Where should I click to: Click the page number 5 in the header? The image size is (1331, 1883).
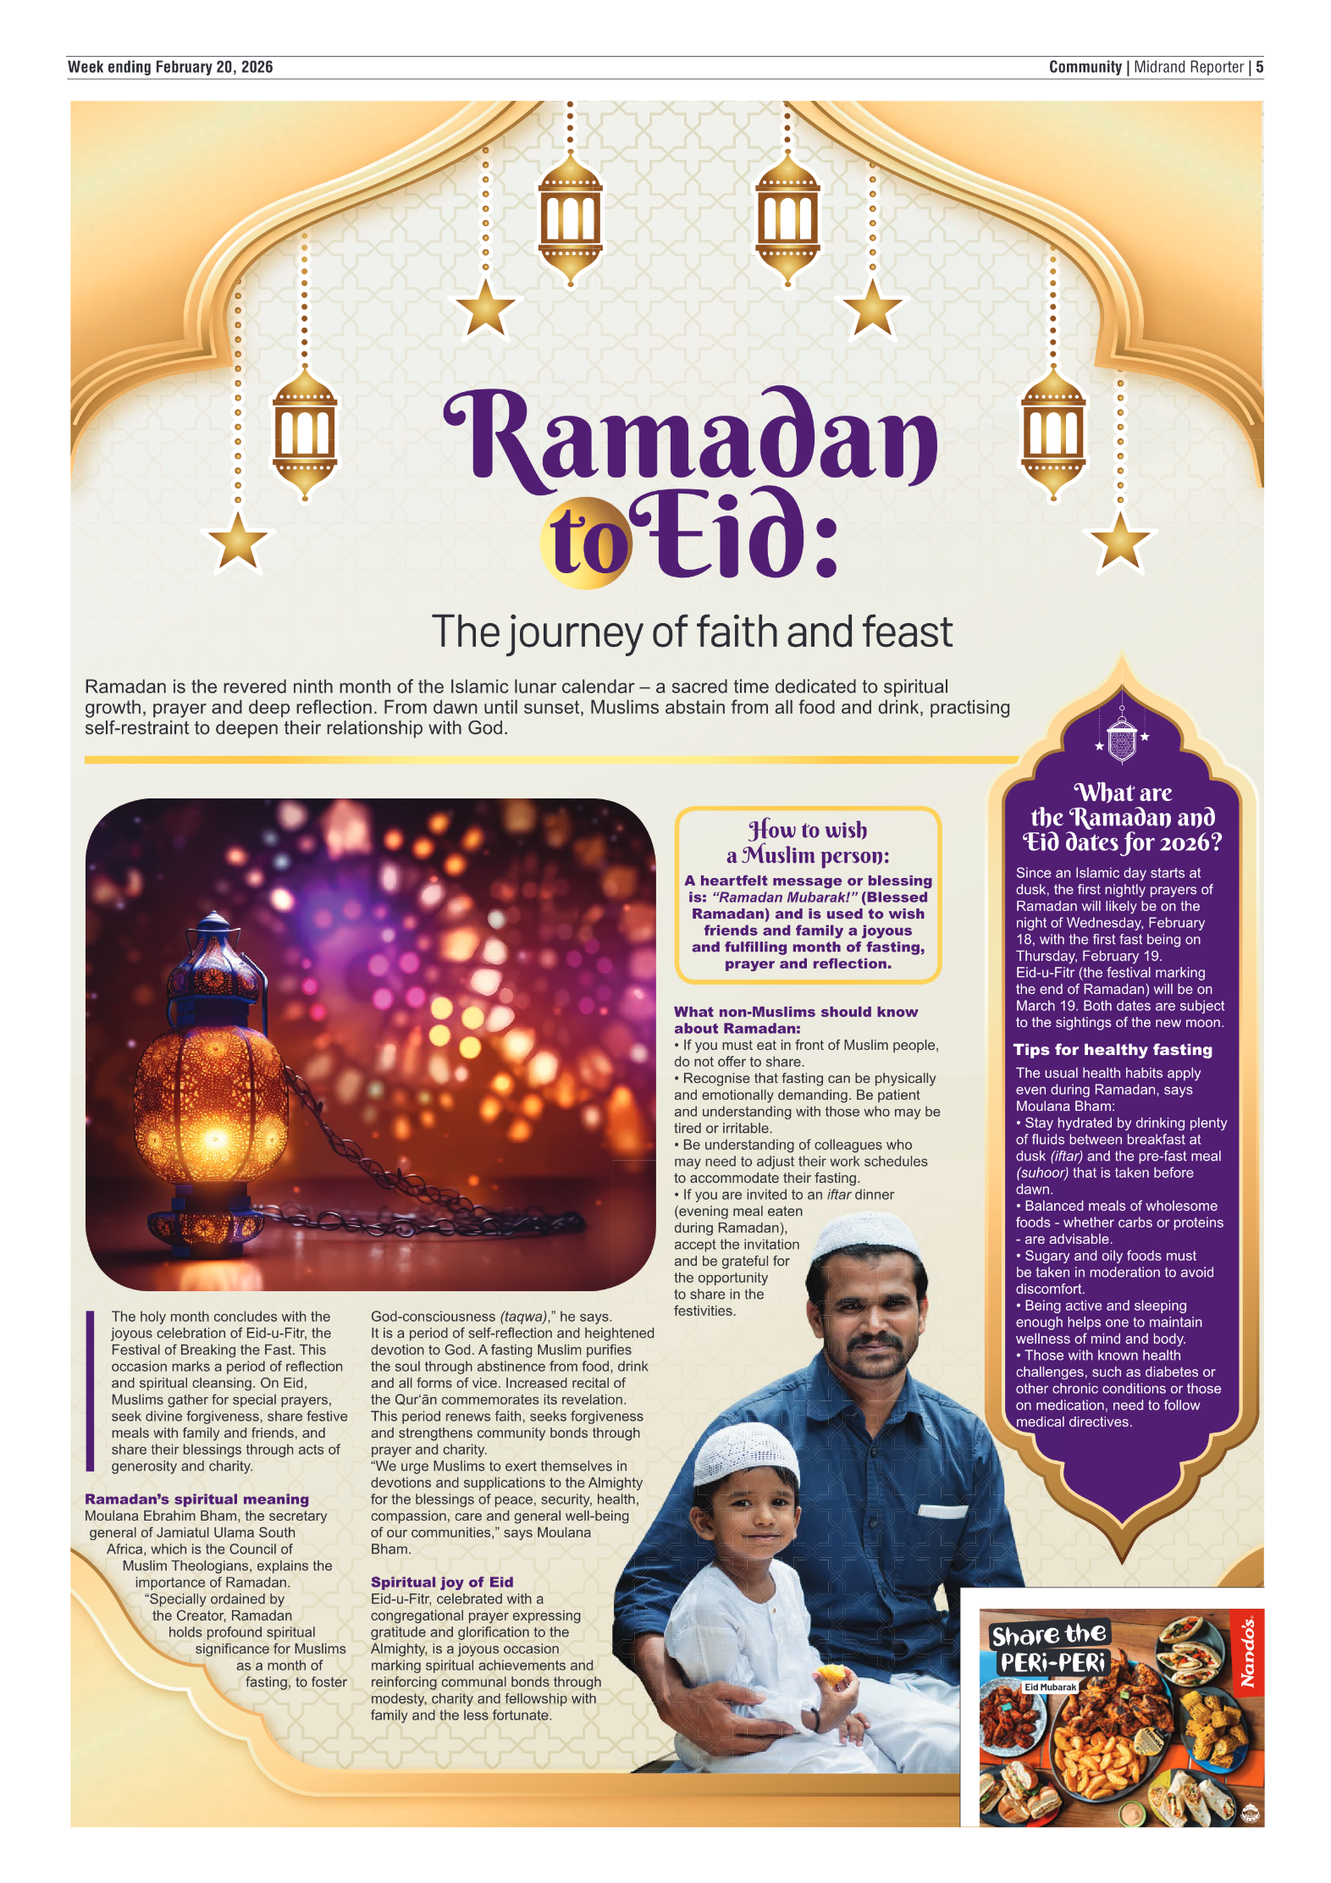coord(1259,67)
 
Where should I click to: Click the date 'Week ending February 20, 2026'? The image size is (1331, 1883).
coord(170,67)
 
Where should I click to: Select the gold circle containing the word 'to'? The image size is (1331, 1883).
coord(585,544)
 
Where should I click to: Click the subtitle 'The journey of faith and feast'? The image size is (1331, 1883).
coord(691,632)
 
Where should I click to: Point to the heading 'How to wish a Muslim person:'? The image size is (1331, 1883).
coord(808,842)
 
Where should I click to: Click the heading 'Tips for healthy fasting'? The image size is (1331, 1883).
coord(1113,1050)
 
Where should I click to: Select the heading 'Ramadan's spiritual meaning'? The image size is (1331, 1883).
coord(196,1499)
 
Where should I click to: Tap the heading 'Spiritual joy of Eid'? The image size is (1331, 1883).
coord(441,1582)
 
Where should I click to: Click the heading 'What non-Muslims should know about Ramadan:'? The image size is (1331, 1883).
coord(795,1019)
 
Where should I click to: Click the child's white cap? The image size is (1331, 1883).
coord(745,1452)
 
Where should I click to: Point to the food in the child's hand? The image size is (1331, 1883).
coord(832,1674)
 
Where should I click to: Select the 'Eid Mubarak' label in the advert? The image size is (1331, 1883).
coord(1050,1687)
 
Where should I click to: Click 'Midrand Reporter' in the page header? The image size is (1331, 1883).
coord(1189,67)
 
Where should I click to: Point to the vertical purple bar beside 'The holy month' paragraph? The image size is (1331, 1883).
coord(90,1391)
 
